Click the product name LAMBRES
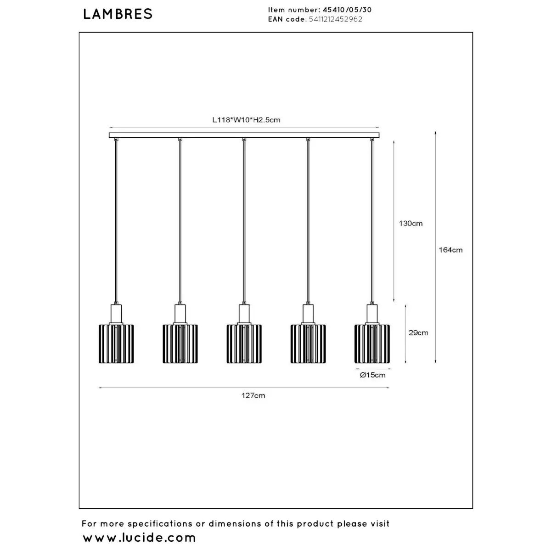click(x=118, y=14)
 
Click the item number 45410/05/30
click(x=347, y=10)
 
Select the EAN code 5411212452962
click(x=335, y=19)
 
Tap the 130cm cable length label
click(x=410, y=223)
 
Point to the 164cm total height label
click(x=450, y=250)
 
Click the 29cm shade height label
click(x=418, y=332)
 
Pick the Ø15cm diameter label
click(x=372, y=375)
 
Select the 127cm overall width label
click(x=253, y=395)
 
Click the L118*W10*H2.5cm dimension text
click(x=246, y=120)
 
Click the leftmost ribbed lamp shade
click(x=116, y=344)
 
